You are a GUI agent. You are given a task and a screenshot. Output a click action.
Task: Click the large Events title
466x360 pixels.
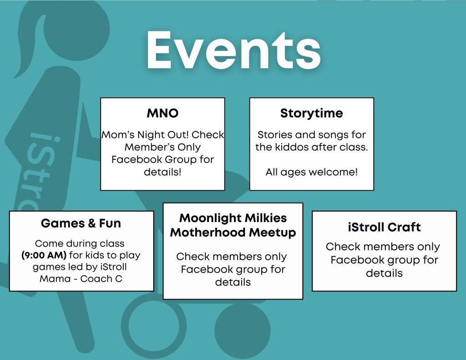point(233,50)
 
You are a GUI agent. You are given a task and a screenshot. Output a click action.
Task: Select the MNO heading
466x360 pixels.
point(162,113)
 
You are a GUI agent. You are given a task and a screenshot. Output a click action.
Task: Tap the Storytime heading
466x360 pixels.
point(311,113)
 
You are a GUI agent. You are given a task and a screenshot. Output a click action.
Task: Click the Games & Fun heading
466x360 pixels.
point(81,223)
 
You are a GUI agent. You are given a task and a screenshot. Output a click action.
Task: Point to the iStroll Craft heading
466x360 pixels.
point(384,227)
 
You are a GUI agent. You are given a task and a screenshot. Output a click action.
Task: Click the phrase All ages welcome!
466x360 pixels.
point(311,172)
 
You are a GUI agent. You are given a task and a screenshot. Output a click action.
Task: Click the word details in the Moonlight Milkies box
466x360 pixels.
point(233,282)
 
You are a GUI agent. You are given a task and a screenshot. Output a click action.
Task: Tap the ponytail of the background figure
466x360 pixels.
point(30,45)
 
